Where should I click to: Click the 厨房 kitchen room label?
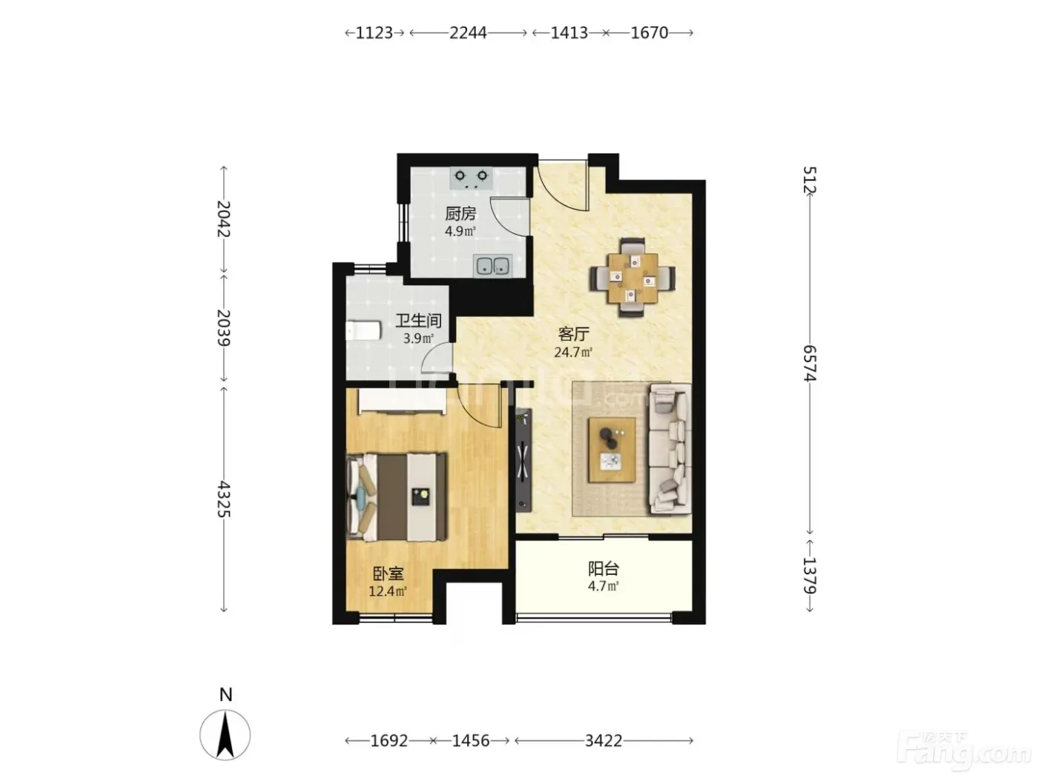[x=460, y=214]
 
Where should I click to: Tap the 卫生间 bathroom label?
[x=418, y=321]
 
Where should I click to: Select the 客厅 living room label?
[x=573, y=334]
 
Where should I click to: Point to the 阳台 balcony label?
[x=603, y=569]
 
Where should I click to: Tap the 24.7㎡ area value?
[x=573, y=353]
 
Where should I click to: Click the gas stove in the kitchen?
[x=471, y=178]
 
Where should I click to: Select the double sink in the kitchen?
[x=492, y=266]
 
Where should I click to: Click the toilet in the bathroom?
[x=363, y=330]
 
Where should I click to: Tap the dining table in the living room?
[x=632, y=278]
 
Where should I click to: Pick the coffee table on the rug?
[x=612, y=450]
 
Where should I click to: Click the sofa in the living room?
[x=670, y=449]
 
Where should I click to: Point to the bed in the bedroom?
[x=397, y=497]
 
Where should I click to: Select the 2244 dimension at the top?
[x=468, y=33]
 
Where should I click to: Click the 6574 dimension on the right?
[x=810, y=363]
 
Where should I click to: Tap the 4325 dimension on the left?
[x=223, y=499]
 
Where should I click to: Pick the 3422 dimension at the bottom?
[x=604, y=741]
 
